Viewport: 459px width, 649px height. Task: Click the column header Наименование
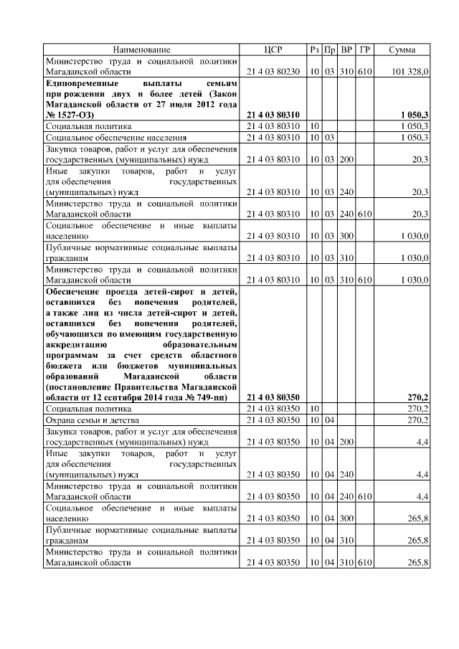point(141,49)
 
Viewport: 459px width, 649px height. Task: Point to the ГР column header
point(364,49)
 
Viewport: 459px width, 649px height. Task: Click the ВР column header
point(347,49)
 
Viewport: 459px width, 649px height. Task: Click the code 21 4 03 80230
point(273,72)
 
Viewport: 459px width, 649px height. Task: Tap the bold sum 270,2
point(417,397)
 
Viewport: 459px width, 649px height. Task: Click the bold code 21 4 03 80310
point(273,115)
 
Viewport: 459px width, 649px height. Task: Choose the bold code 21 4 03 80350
point(273,397)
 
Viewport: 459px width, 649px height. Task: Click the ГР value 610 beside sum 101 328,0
point(364,72)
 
